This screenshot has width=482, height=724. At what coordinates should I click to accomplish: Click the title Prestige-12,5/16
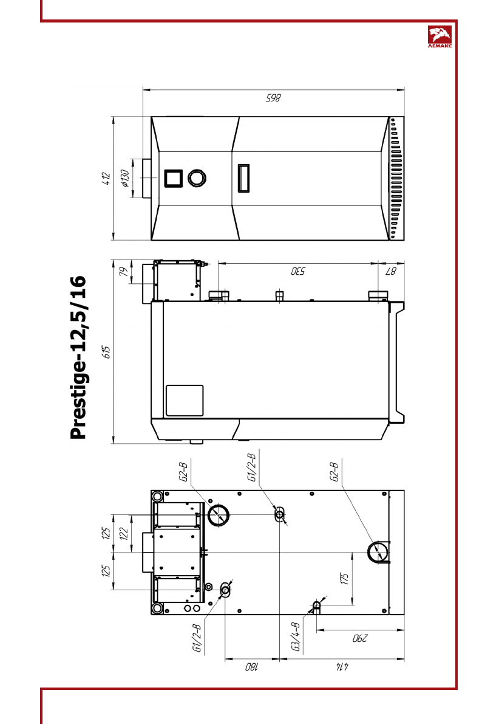(78, 357)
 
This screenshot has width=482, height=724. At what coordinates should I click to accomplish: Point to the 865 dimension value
(273, 98)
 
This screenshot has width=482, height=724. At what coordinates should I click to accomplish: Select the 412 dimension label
(106, 178)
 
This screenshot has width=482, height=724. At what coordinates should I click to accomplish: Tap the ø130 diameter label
(124, 178)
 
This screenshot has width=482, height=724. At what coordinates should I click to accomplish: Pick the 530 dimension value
(298, 271)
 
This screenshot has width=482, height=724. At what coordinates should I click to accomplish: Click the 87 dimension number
(391, 271)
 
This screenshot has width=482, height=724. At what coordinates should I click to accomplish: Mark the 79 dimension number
(123, 272)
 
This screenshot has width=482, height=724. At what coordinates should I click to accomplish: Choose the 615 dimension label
(106, 353)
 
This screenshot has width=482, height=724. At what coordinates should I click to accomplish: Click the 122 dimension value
(123, 533)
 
